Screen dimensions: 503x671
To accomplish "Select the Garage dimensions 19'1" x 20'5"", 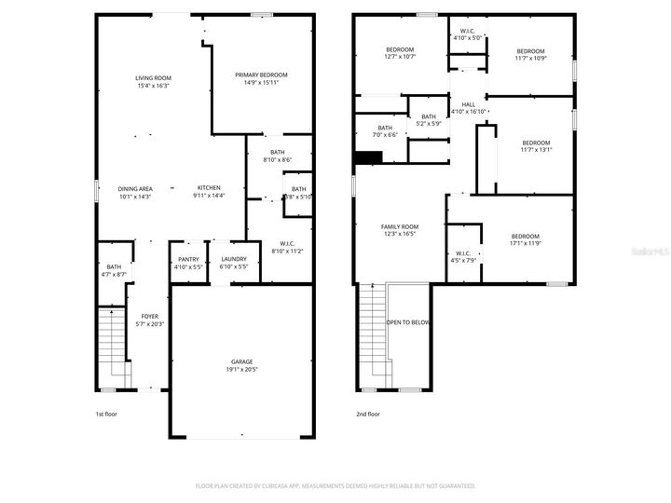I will click(242, 370).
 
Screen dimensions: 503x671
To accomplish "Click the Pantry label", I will click(188, 260).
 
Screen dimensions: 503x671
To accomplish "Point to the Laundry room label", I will click(234, 260).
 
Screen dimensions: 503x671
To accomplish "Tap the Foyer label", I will click(149, 316).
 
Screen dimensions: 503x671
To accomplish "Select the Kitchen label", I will click(208, 188).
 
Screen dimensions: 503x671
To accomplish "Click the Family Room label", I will click(399, 226).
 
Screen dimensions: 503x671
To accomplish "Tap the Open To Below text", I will click(408, 322).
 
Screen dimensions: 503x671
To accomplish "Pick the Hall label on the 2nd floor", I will click(468, 104).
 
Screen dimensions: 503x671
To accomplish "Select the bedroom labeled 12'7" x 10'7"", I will click(399, 52).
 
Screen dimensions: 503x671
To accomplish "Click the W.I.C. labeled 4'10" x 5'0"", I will click(468, 34).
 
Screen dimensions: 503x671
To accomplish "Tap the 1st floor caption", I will click(106, 414).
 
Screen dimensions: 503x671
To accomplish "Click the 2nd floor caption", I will click(367, 414).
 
